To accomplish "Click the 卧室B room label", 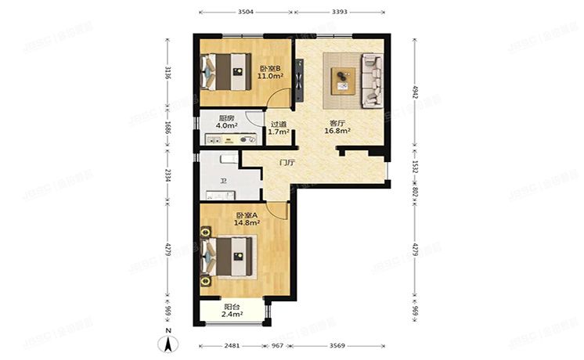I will [270, 68].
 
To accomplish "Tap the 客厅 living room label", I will [337, 123].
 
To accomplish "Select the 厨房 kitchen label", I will [226, 118].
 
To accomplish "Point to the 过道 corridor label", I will [279, 124].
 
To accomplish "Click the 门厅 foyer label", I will [287, 163].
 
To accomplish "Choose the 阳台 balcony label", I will [232, 307].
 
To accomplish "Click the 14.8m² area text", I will [248, 223].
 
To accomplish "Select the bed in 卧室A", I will [229, 254].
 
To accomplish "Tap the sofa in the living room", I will [371, 80].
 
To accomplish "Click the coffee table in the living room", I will [343, 80].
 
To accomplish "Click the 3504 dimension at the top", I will [246, 13].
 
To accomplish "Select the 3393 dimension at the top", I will [340, 13].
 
